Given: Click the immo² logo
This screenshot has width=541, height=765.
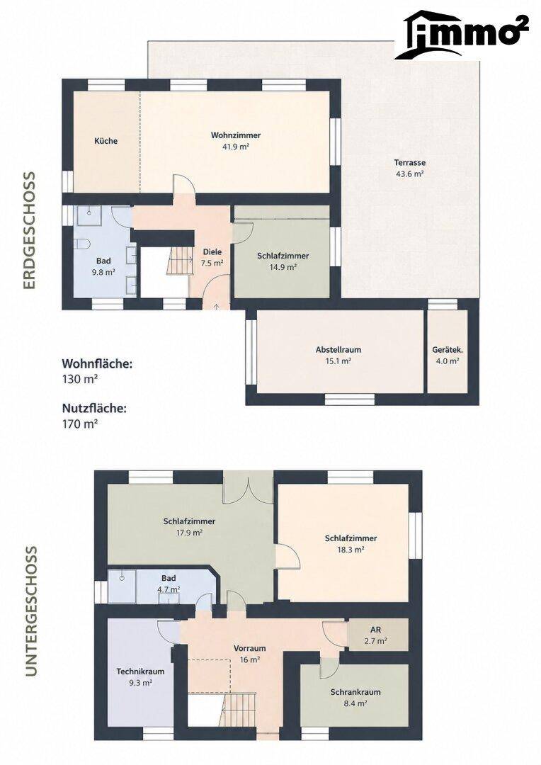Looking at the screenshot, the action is pos(462,35).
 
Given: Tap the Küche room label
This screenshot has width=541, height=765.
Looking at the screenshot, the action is pos(106,141).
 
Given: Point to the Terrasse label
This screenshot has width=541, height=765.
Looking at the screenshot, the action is pos(410,163).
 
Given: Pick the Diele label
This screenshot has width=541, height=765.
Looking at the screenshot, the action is pos(212,252).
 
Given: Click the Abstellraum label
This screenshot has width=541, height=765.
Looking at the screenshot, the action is pos(338,350).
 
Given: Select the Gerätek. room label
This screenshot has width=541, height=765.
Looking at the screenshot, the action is pos(448,350).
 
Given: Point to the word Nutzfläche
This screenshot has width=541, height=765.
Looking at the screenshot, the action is pos(94,409).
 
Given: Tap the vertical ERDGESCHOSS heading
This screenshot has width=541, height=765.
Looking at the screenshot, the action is pos(30,230).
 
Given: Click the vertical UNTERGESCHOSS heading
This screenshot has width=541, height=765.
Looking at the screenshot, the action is pos(30,611).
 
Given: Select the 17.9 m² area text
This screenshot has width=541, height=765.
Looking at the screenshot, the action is pos(189,533).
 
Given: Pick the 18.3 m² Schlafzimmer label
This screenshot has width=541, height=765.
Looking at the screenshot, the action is pos(351,538).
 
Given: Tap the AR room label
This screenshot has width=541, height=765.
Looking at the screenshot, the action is pos(375,630).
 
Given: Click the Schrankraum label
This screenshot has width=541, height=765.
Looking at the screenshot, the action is pos(355,692).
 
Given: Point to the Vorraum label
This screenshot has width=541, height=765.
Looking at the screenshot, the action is pos(249,648).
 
